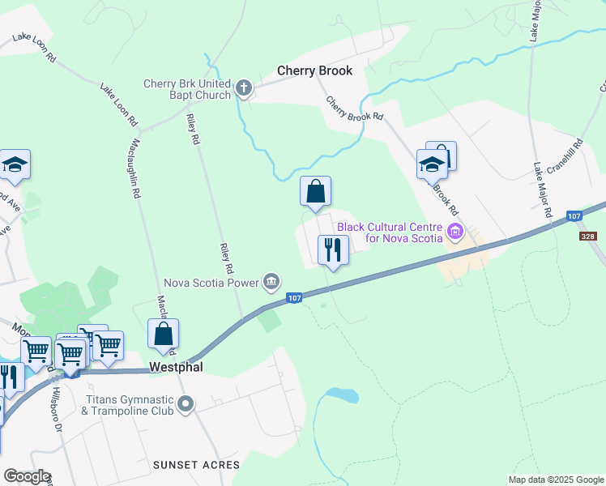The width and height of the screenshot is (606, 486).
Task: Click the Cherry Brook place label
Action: tap(314, 70)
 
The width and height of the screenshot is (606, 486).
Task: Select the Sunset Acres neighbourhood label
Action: tap(196, 465)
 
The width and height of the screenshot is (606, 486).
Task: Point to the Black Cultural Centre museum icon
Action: tap(454, 233)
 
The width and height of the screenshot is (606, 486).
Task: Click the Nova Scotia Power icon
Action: tap(271, 282)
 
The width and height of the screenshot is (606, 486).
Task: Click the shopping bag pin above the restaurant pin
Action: tap(315, 193)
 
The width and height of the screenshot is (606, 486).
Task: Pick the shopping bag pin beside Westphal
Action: tap(163, 335)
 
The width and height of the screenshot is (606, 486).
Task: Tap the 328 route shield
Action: tap(590, 237)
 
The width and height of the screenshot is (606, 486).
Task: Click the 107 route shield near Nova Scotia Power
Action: tap(295, 299)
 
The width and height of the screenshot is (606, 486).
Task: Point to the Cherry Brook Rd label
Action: tap(354, 109)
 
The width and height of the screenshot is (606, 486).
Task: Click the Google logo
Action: tap(28, 476)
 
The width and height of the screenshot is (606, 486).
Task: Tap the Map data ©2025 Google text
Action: tap(555, 480)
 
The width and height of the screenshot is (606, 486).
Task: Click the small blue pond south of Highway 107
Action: tap(341, 395)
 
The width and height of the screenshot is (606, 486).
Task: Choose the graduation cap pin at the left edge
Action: tap(14, 166)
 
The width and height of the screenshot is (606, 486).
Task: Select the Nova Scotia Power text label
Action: tap(211, 283)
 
